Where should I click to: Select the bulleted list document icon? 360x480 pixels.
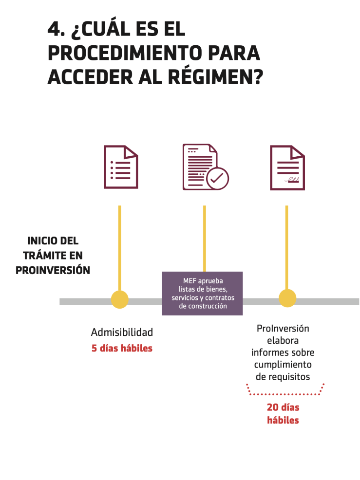tap(120, 167)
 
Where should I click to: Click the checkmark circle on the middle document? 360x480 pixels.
tap(217, 178)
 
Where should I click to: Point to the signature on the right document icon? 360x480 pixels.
tap(293, 181)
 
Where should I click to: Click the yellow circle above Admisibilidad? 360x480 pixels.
tap(119, 299)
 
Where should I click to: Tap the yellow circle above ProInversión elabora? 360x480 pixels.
tap(287, 298)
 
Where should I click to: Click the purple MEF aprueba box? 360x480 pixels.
tap(202, 294)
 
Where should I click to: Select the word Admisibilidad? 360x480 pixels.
tap(122, 332)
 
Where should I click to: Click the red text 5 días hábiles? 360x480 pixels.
tap(122, 349)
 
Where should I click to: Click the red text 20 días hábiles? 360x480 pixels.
tap(283, 413)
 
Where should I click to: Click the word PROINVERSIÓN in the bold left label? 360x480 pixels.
tap(53, 270)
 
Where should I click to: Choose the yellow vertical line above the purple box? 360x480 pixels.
tap(205, 238)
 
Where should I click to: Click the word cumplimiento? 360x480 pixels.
tap(283, 364)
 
